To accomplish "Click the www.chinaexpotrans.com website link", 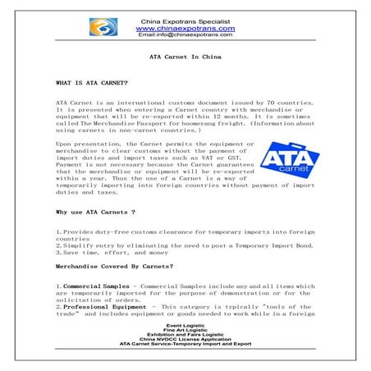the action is point(185,27).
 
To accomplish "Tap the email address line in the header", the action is point(185,35).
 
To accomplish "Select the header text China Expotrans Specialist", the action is point(185,19).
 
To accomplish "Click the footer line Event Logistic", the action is point(185,325).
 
